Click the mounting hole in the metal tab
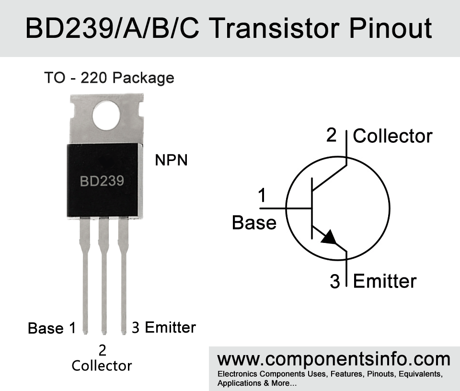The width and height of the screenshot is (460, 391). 106,115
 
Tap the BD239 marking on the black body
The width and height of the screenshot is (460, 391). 102,181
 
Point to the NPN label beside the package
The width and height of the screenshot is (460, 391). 172,160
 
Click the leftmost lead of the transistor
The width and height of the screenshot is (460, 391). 85,276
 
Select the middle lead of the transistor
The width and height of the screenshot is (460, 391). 103,276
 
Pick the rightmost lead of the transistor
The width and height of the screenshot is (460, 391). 124,276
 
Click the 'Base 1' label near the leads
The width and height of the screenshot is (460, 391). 52,328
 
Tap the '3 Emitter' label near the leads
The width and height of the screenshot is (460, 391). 164,327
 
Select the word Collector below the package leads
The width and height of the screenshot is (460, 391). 102,366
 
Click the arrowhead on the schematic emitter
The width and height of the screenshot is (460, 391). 330,237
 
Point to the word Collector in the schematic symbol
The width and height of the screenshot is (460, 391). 393,136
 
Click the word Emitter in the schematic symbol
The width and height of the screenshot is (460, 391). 385,281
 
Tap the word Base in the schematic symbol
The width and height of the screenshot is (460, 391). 254,222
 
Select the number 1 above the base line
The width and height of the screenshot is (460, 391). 262,195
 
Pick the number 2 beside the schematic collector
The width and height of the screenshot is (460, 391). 331,135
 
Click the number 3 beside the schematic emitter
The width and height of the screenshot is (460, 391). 335,281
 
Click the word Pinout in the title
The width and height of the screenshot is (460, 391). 391,28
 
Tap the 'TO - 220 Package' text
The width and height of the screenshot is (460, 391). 109,78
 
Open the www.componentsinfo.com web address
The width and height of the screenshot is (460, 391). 334,359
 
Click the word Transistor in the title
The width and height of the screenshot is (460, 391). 275,28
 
